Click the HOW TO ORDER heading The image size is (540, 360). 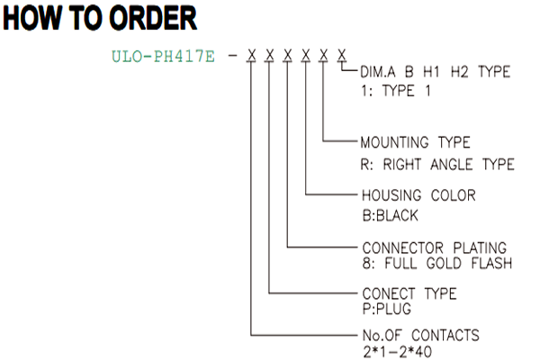(100, 18)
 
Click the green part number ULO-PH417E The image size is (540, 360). (163, 57)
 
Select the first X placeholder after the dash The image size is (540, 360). (252, 55)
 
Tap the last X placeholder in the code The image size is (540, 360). (342, 55)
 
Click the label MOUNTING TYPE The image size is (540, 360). (415, 142)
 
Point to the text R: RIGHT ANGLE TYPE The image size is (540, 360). (437, 165)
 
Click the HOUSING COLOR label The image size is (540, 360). (418, 195)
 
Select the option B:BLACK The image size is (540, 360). (391, 216)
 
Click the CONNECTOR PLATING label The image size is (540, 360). (435, 248)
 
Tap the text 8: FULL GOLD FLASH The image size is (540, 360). (437, 263)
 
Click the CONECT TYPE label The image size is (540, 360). (409, 294)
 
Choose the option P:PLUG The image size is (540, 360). (387, 309)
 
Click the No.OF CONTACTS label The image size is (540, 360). (421, 335)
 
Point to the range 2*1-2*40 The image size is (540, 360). (397, 352)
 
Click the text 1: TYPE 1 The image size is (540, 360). (396, 91)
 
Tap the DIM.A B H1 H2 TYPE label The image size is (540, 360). (436, 72)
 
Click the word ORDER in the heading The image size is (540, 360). (153, 18)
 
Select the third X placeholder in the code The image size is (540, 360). (288, 55)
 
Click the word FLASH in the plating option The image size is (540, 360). (491, 263)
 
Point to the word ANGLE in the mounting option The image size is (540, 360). (451, 165)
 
